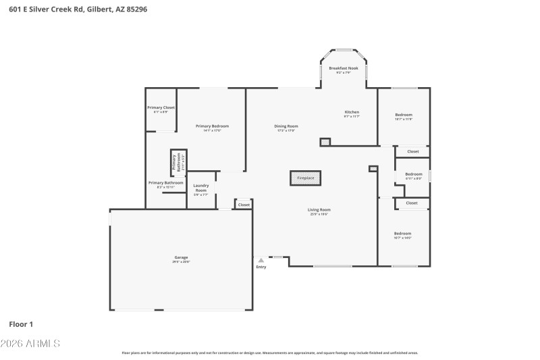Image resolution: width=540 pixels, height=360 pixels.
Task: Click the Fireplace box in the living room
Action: point(306,178)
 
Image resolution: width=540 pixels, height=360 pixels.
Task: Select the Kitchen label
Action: point(352,111)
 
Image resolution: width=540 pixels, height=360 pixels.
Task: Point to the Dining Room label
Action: point(287,126)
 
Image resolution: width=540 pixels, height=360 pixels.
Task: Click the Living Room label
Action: point(320,209)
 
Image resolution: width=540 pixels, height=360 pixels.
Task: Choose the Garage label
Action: point(181,257)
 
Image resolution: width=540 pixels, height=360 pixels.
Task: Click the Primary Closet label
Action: point(161,107)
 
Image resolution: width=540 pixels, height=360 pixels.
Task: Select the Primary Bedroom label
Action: point(212,126)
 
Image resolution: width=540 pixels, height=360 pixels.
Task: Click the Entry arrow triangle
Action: point(261,259)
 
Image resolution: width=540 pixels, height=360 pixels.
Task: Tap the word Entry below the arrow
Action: point(261,267)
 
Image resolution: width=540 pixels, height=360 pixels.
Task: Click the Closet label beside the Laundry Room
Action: point(244,205)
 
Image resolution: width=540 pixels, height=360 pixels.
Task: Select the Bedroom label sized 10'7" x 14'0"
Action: point(403,233)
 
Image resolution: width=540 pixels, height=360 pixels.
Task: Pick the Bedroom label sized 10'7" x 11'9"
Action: point(404,115)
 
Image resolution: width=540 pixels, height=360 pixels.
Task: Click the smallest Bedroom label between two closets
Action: point(413,174)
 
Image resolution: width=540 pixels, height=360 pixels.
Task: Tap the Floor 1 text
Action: point(21,324)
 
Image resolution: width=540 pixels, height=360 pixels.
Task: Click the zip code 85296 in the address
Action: point(135,9)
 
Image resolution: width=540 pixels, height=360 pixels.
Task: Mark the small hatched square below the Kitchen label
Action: point(325,143)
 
